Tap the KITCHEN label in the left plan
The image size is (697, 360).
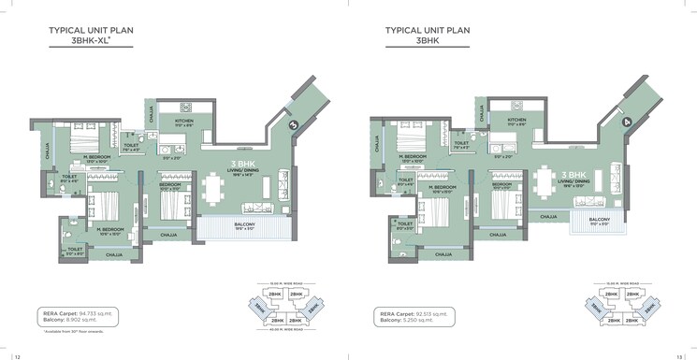(x=184, y=122)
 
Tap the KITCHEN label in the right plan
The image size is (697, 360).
(x=516, y=121)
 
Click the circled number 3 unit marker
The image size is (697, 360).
(x=293, y=122)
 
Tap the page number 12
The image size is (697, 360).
(x=16, y=354)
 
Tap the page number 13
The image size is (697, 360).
(x=681, y=354)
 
